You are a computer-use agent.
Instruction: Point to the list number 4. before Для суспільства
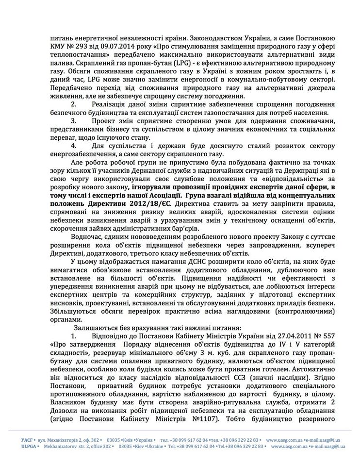pos(74,146)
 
